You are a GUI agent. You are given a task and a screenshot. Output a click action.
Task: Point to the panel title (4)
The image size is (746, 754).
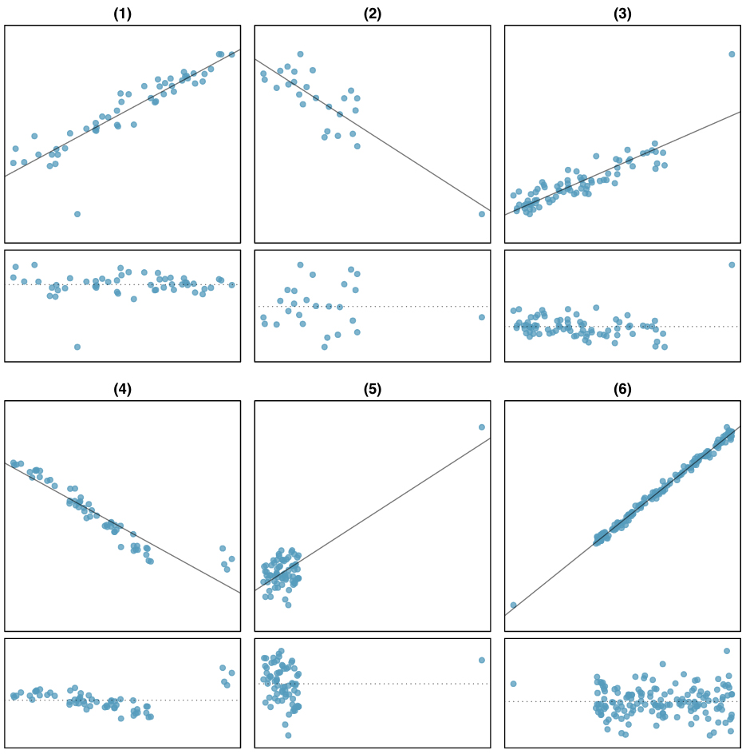click(122, 389)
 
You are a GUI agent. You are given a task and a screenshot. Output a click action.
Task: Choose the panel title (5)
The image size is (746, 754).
click(372, 389)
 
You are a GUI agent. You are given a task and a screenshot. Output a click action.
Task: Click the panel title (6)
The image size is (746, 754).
click(622, 389)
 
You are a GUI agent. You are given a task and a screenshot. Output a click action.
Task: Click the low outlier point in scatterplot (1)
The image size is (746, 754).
click(77, 214)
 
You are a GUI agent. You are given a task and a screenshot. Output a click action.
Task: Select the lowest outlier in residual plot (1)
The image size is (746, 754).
click(77, 347)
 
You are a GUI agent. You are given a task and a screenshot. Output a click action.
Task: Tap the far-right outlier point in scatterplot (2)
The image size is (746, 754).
click(482, 214)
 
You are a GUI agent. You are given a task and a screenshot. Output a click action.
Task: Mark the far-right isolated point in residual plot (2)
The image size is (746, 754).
click(482, 317)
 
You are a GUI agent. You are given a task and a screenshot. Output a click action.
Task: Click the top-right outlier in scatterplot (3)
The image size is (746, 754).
click(732, 54)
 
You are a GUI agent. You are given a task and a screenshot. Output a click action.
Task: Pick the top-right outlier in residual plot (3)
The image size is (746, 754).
click(732, 264)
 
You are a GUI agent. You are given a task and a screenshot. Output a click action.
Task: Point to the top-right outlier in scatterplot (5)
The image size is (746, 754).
click(482, 427)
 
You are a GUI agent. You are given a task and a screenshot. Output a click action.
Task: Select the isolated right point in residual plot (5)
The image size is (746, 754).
click(482, 660)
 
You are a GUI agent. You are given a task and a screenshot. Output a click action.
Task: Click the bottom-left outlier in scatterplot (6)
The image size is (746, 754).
click(513, 605)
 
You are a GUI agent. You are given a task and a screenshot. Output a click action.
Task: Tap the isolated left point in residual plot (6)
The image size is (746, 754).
click(513, 684)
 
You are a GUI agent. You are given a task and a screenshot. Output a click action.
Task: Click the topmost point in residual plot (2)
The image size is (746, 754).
click(300, 264)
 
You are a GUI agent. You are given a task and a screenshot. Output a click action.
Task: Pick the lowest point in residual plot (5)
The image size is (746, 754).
click(288, 735)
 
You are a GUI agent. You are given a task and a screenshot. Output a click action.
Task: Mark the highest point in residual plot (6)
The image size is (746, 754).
click(727, 651)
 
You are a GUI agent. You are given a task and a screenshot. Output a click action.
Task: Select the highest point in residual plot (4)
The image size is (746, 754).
click(223, 668)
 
